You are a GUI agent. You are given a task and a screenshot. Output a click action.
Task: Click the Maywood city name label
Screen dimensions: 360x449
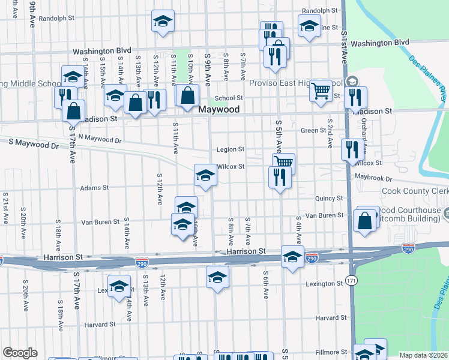219,110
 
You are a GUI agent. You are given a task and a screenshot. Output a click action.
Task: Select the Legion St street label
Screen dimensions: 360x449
231,149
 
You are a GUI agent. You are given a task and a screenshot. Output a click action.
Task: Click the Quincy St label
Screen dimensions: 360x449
329,198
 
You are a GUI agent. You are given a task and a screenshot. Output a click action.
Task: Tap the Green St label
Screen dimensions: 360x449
313,130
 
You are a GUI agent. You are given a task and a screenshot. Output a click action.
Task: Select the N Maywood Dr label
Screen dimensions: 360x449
99,139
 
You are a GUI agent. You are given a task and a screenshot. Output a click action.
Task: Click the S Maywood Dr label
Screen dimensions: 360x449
34,144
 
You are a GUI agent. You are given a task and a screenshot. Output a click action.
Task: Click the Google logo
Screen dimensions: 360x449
20,353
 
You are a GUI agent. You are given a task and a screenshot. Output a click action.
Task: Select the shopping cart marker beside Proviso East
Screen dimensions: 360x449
321,90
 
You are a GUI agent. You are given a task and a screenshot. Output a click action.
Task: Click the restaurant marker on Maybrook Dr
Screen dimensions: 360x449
280,177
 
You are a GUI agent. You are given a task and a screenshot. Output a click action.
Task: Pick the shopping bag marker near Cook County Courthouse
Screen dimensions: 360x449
365,220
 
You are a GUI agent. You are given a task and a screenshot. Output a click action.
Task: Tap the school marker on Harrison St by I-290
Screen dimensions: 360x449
292,257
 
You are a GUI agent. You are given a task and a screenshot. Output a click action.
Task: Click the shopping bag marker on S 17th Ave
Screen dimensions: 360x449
73,112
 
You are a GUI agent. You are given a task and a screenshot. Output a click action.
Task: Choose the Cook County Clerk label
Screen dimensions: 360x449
415,191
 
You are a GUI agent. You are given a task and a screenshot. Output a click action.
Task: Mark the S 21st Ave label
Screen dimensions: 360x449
5,208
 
